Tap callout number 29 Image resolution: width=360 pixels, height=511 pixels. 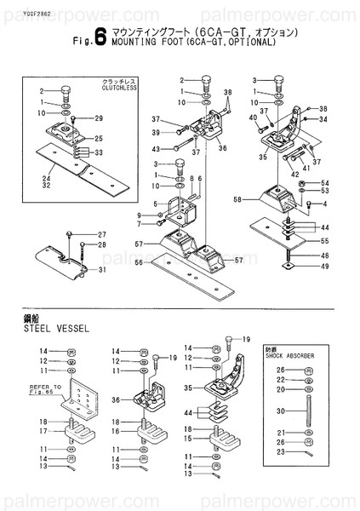tap(98, 118)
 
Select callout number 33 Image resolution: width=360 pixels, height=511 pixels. tap(98, 153)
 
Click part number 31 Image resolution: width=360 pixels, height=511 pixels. tap(101, 270)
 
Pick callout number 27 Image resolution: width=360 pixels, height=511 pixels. tap(102, 234)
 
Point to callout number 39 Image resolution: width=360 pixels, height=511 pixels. tap(157, 132)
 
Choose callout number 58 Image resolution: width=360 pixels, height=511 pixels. tap(237, 200)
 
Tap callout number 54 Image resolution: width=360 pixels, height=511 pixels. tap(325, 183)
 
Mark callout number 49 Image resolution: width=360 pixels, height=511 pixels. tap(325, 266)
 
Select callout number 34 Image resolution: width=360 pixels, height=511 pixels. tap(324, 120)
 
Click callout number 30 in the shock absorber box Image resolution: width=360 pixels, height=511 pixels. tap(280, 411)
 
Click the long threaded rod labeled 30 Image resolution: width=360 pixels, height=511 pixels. tap(306, 411)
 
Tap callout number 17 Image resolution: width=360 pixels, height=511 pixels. tap(42, 432)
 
